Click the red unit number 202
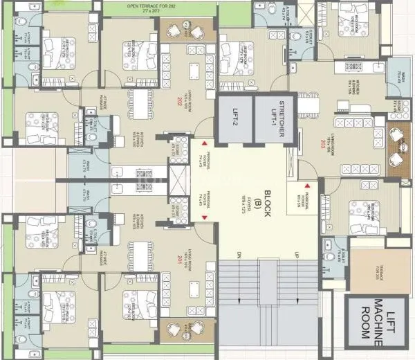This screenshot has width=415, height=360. click(178, 100)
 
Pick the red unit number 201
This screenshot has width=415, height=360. click(178, 258)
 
